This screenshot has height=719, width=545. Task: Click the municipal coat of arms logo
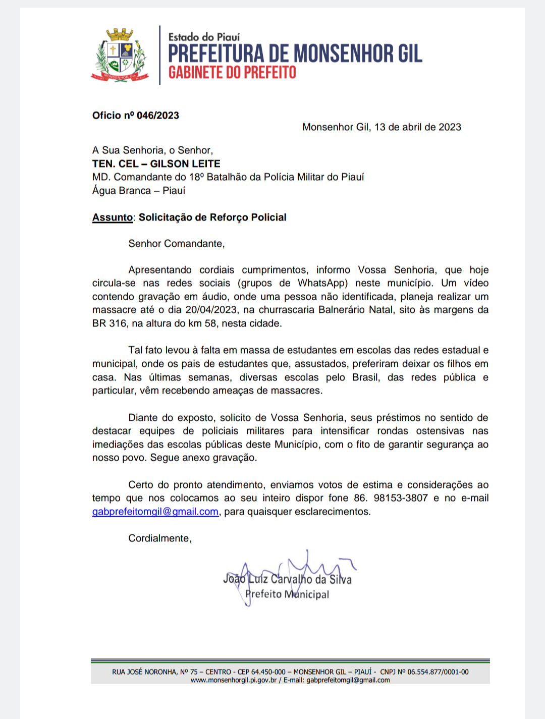[x=120, y=55]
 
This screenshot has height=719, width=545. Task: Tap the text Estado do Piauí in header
[x=204, y=37]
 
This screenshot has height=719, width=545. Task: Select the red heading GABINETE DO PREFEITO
[x=232, y=73]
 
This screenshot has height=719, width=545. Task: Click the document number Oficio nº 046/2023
[x=135, y=116]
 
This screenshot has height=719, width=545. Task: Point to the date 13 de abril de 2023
[x=417, y=127]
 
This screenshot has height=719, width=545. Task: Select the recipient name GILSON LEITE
[x=185, y=163]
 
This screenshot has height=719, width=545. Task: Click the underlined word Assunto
[x=112, y=217]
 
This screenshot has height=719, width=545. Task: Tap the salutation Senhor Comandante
[x=176, y=244]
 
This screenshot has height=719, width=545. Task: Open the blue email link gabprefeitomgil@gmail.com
[x=155, y=512]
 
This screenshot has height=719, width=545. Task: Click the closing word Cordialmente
[x=159, y=538]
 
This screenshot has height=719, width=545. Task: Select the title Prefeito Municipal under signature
[x=287, y=594]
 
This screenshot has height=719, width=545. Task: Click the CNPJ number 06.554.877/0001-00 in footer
[x=438, y=672]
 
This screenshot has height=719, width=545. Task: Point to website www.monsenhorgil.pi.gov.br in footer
[x=234, y=680]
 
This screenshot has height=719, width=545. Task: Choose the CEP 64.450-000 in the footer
[x=268, y=672]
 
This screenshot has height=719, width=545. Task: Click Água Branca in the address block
[x=121, y=191]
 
